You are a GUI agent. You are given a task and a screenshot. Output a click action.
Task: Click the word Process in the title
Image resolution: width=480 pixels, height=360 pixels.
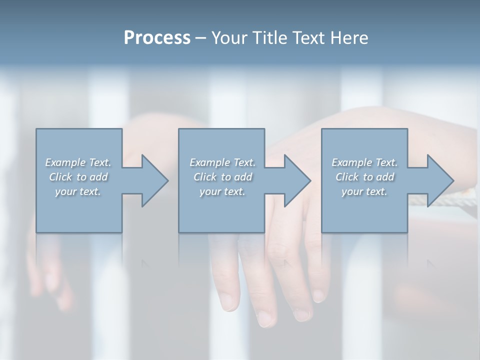coord(157,37)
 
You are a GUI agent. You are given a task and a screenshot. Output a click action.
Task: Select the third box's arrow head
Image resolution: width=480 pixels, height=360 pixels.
coord(439,180)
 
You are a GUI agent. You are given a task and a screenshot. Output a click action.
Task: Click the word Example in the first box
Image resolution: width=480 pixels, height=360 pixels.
coord(65,162)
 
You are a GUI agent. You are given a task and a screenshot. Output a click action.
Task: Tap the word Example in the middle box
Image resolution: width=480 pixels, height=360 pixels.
coord(209,162)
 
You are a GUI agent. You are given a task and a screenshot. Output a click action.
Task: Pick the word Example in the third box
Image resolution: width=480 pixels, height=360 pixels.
coord(351,162)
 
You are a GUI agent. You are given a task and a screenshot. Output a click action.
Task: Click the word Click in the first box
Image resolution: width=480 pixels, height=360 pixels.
coord(60,177)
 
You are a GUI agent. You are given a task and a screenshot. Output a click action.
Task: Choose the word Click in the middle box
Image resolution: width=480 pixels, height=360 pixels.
coord(204,177)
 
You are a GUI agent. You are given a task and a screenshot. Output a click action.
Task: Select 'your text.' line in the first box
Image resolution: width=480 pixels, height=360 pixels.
coord(78,191)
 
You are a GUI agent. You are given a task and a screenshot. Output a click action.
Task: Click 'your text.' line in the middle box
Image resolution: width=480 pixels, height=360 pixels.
coord(222,191)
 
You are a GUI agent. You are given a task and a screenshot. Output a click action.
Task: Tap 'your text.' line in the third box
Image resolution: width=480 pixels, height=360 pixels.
coord(364,191)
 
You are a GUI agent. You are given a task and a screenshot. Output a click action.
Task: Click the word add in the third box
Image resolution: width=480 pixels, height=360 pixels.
coord(385,177)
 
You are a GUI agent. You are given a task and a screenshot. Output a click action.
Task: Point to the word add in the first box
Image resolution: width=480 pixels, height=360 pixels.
coord(98,177)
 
